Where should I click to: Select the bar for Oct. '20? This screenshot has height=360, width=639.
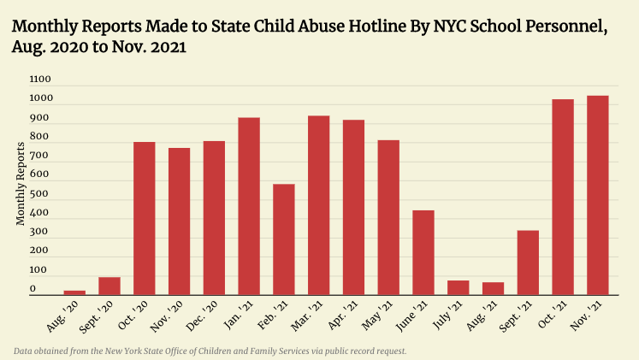(145, 218)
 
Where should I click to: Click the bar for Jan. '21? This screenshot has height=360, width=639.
(249, 206)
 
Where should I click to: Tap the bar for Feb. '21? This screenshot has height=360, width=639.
(284, 239)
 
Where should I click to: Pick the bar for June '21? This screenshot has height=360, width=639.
(423, 252)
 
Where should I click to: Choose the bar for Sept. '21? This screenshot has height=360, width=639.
(528, 263)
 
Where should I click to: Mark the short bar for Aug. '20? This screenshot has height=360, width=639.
(74, 292)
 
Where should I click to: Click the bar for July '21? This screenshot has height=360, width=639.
(459, 287)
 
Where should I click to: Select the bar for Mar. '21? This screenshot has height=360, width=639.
(319, 205)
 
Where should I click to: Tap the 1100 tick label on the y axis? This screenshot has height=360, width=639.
(41, 80)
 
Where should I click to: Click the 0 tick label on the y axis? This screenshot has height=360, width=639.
(33, 289)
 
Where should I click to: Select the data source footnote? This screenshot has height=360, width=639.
(210, 351)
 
